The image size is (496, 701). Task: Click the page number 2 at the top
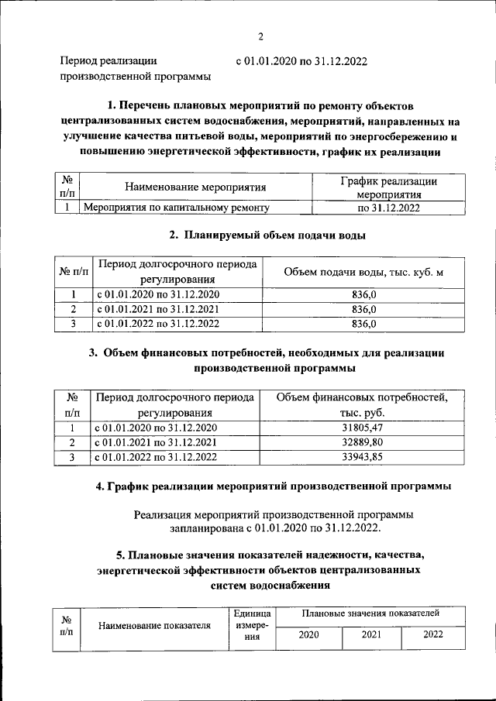pos(261,36)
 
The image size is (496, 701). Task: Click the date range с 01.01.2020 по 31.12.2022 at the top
pos(301,60)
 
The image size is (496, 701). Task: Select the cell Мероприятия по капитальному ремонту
pos(176,208)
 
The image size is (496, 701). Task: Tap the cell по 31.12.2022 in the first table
pos(388,208)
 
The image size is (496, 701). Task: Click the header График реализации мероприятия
pos(388,187)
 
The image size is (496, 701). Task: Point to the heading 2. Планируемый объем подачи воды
pos(267,235)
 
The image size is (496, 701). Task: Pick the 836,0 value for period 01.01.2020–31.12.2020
pos(363,294)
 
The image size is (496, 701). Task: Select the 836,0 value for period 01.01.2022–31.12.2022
pos(363,323)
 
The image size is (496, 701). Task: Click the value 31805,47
pos(363,428)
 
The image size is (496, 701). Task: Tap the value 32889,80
pos(363,442)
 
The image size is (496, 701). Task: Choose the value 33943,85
pos(363,457)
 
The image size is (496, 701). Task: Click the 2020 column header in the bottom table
pos(309,634)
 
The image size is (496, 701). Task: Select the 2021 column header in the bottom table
pos(371,634)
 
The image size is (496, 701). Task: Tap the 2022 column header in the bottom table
pos(433,634)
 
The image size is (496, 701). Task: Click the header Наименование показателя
pos(155,626)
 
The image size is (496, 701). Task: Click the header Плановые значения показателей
pos(371,613)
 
